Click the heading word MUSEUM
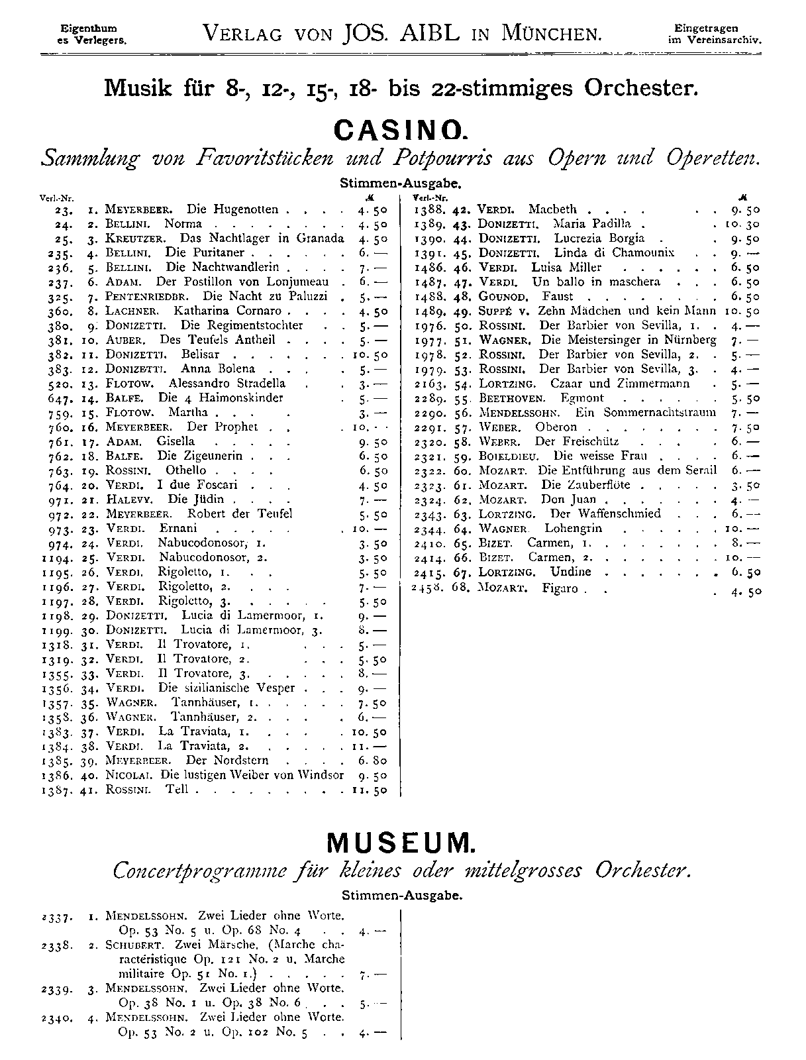pyautogui.click(x=401, y=843)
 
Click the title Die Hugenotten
pyautogui.click(x=232, y=209)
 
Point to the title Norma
pyautogui.click(x=183, y=224)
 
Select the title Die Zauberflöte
pyautogui.click(x=581, y=485)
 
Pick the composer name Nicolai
pyautogui.click(x=128, y=774)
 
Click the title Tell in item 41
pyautogui.click(x=177, y=789)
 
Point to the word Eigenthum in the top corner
pyautogui.click(x=89, y=28)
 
